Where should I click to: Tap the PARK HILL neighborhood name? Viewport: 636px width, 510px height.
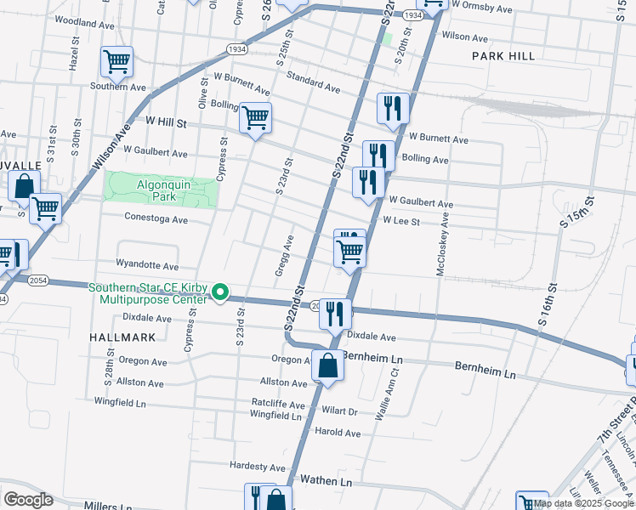(x=504, y=56)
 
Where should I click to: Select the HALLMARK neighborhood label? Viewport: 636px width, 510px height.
(x=122, y=337)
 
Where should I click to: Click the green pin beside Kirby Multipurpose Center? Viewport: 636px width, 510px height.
(x=221, y=293)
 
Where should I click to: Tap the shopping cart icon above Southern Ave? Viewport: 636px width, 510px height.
(x=116, y=61)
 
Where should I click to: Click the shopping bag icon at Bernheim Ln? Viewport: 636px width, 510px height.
(x=327, y=365)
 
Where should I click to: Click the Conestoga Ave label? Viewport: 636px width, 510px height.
(x=156, y=219)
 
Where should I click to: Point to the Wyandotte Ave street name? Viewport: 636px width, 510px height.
(x=148, y=266)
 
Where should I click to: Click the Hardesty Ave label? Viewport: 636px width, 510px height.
(x=258, y=467)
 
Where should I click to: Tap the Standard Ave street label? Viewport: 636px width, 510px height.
(x=313, y=83)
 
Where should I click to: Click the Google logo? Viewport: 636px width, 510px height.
(x=29, y=500)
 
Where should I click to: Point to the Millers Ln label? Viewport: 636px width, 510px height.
(x=108, y=507)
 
